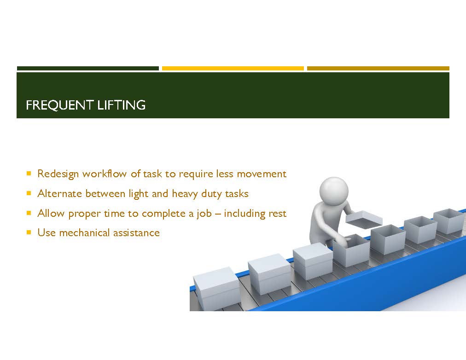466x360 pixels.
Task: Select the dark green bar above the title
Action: [x=88, y=68]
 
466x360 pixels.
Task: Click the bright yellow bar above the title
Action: [x=233, y=68]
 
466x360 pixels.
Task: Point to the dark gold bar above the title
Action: [x=378, y=68]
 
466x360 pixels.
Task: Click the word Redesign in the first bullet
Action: [x=58, y=174]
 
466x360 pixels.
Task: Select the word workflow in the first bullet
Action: [x=105, y=174]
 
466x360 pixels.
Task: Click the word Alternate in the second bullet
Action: [x=60, y=194]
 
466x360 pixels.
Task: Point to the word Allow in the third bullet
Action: [x=51, y=213]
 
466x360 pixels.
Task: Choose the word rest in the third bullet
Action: [x=277, y=214]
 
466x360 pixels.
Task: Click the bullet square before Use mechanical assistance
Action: [x=29, y=232]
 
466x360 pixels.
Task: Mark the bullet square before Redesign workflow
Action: [x=29, y=173]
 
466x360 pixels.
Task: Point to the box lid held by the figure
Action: [x=364, y=220]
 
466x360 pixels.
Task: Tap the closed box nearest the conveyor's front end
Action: [x=216, y=289]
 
